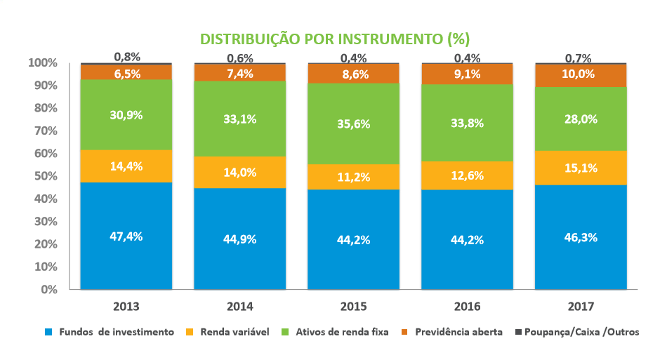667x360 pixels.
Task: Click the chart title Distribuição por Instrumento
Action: (335, 38)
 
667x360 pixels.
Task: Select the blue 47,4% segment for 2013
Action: (126, 236)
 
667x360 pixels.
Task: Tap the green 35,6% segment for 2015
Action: (354, 124)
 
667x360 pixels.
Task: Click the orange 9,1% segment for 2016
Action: (468, 74)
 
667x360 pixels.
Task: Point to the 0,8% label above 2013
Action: (127, 56)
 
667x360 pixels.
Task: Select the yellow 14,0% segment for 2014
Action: (240, 172)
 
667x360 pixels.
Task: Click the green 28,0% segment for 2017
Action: (581, 119)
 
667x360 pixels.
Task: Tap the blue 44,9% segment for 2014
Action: (240, 239)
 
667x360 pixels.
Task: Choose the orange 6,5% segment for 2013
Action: (126, 72)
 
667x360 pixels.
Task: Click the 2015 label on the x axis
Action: (354, 307)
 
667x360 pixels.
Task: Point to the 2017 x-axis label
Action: (581, 307)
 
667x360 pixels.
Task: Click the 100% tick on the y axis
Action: (43, 62)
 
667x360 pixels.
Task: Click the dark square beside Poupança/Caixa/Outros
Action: (520, 332)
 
